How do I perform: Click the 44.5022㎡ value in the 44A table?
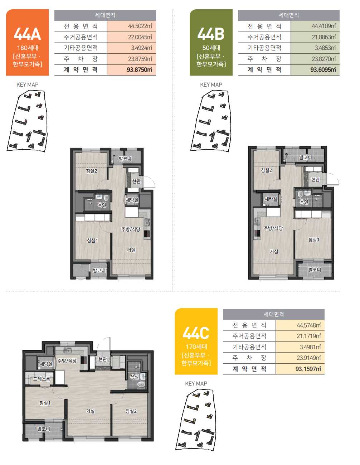click(140, 26)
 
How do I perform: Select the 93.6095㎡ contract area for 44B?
click(323, 69)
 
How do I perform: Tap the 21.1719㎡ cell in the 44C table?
click(308, 336)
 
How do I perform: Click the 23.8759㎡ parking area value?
click(140, 59)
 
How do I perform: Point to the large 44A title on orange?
click(28, 34)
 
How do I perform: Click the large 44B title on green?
click(211, 34)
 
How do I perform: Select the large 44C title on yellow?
click(196, 333)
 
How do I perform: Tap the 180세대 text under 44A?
click(28, 48)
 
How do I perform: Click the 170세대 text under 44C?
click(196, 347)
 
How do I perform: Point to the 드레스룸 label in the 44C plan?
click(42, 379)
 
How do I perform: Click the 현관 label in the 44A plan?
click(136, 181)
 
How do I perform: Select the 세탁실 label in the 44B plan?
click(271, 199)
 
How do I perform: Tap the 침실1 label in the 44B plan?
click(314, 240)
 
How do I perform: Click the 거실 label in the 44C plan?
click(90, 411)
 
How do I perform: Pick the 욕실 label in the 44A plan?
click(102, 205)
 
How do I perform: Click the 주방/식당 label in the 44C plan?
click(67, 360)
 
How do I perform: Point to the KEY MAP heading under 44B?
click(211, 85)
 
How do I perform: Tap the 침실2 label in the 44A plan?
click(92, 171)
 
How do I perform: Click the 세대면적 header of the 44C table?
click(274, 314)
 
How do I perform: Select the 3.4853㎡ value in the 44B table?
click(325, 48)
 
